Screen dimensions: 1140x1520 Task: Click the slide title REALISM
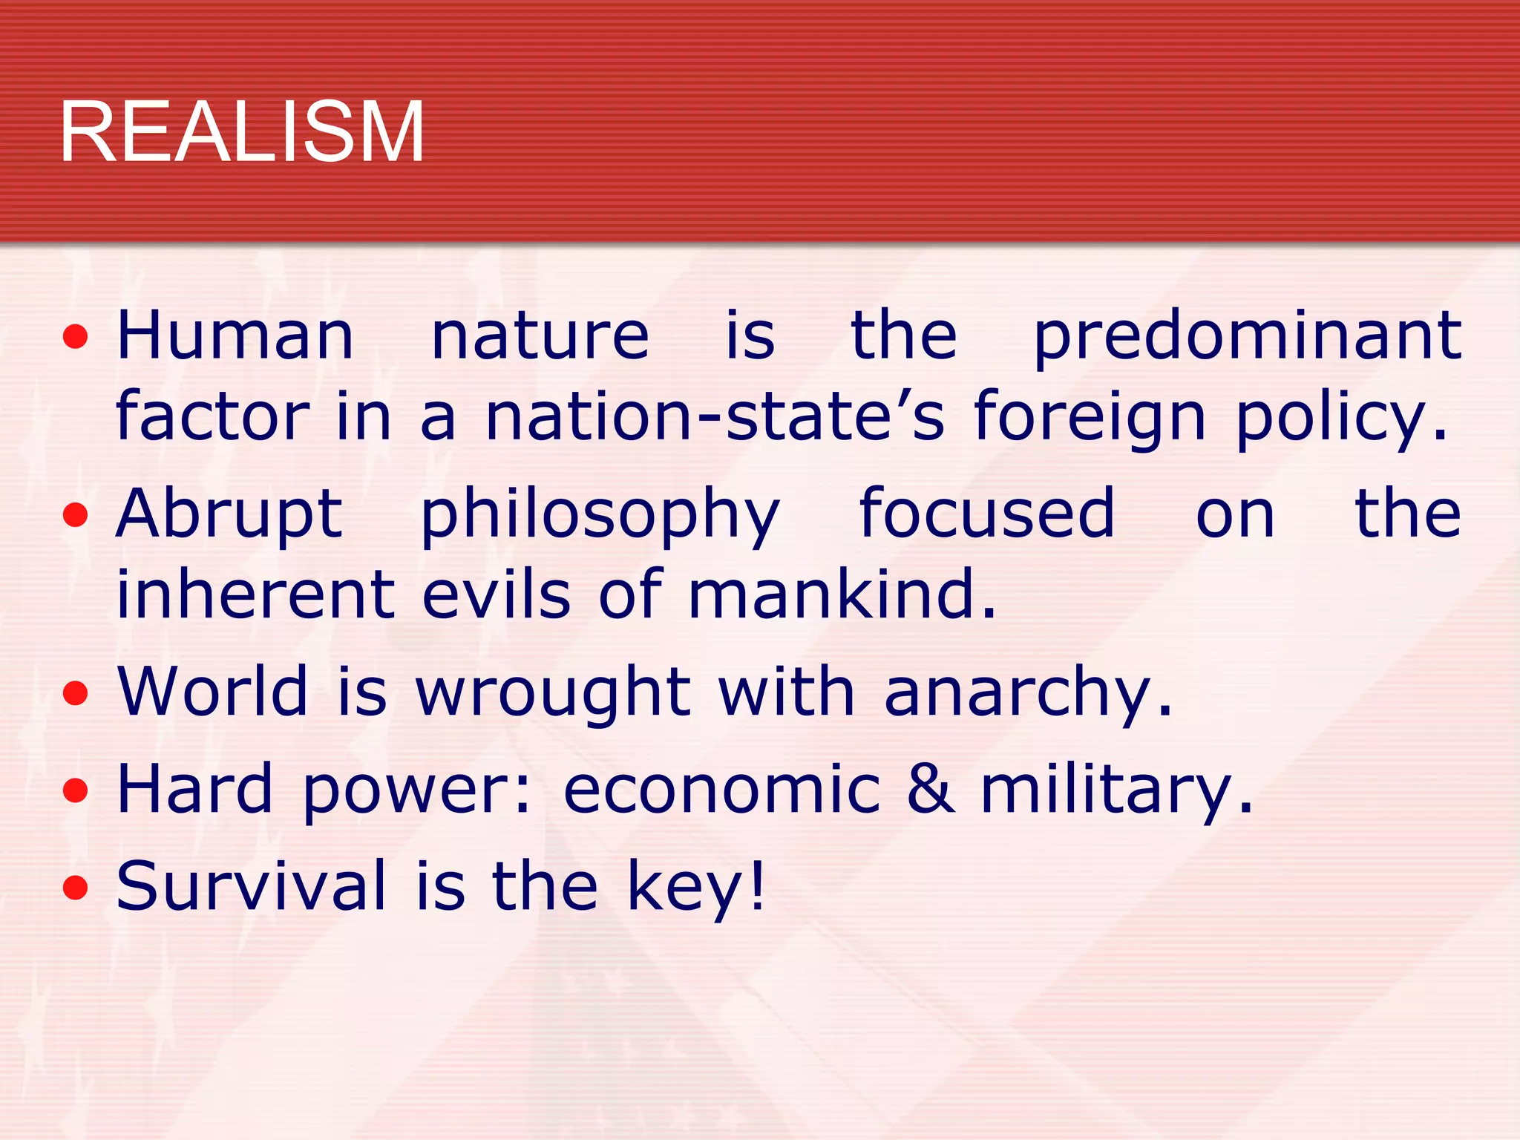pyautogui.click(x=242, y=132)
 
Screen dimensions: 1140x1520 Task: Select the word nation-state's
pyautogui.click(x=715, y=416)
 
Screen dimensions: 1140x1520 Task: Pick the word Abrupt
pyautogui.click(x=229, y=514)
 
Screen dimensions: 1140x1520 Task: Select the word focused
pyautogui.click(x=986, y=513)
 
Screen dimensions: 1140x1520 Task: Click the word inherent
pyautogui.click(x=256, y=594)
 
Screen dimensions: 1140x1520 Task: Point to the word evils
pyautogui.click(x=497, y=594)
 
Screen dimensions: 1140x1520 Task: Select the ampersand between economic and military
pyautogui.click(x=931, y=788)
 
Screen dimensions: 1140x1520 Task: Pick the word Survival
pyautogui.click(x=252, y=885)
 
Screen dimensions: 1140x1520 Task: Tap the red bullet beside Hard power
pyautogui.click(x=76, y=791)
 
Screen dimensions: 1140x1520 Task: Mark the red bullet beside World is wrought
pyautogui.click(x=76, y=695)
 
